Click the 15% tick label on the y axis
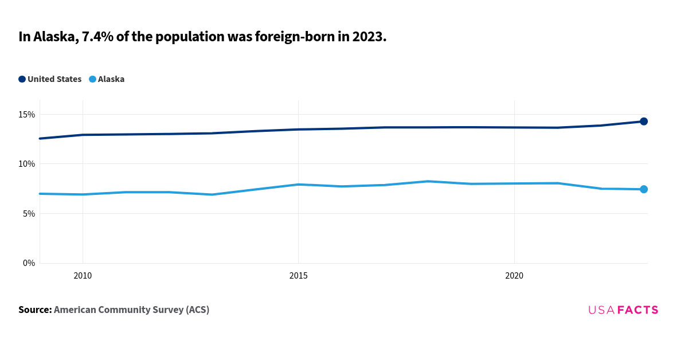(26, 115)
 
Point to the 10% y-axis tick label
(26, 164)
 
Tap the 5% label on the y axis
(29, 214)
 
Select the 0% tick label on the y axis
(29, 263)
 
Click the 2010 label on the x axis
(83, 276)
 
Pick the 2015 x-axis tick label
(298, 276)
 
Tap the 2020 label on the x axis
(514, 276)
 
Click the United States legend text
(54, 79)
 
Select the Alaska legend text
(111, 79)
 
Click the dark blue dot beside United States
(22, 79)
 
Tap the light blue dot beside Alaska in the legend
(92, 79)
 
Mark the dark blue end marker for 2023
(643, 122)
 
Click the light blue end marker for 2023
(643, 189)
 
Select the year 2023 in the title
(368, 37)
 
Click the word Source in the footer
(34, 310)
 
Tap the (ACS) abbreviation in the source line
(197, 310)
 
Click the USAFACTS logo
(623, 310)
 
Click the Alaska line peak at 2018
(428, 181)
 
